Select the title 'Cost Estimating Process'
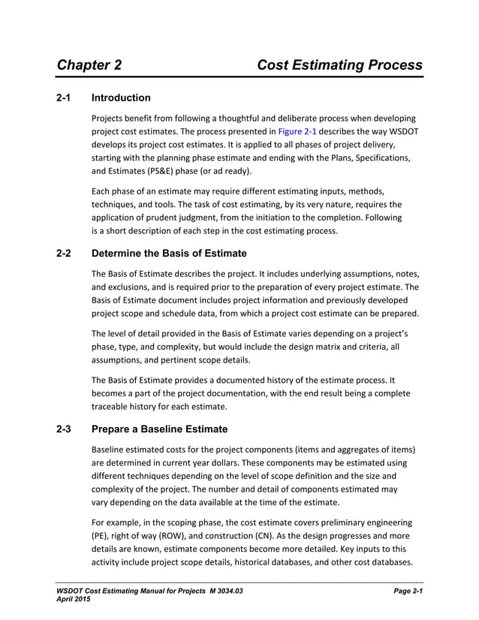[x=339, y=65]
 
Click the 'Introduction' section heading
[x=120, y=98]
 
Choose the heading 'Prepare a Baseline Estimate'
[x=158, y=430]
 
